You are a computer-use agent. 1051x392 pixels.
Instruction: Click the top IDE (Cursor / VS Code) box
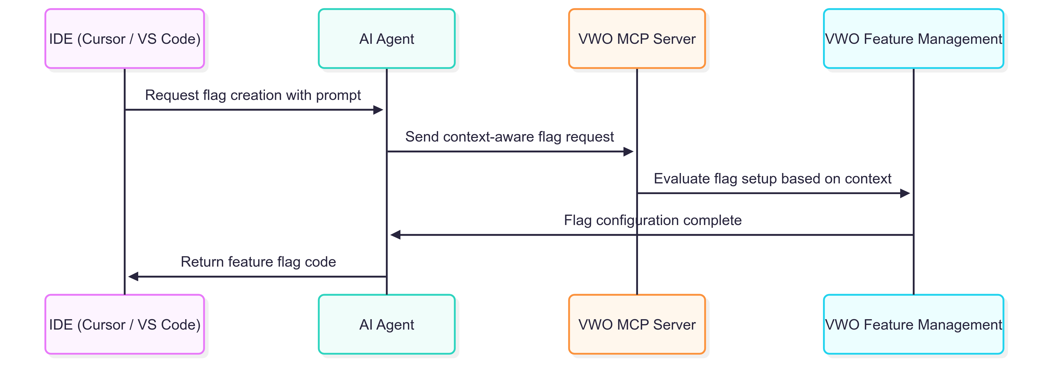point(125,39)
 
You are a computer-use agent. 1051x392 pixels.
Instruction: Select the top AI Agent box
point(386,39)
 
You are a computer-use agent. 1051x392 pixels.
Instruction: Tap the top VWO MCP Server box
point(637,39)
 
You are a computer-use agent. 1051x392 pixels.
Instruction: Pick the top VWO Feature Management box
point(914,39)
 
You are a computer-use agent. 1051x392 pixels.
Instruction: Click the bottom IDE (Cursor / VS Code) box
point(125,324)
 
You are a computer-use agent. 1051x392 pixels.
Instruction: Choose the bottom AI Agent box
point(386,324)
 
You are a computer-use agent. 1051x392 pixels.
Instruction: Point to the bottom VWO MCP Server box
point(637,324)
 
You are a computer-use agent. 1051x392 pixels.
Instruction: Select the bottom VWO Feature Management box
point(914,324)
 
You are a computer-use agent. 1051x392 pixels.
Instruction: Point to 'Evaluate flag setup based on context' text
point(772,179)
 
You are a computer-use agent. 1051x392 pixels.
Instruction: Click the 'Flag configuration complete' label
point(653,220)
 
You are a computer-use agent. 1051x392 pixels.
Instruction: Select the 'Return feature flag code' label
point(258,262)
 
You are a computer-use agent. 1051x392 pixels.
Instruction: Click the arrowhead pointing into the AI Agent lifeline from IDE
point(378,110)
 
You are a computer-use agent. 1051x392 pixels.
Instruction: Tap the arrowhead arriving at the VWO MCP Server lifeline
point(628,152)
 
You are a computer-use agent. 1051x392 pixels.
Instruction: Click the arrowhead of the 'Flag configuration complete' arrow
point(395,235)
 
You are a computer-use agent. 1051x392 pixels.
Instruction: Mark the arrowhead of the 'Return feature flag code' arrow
point(133,276)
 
